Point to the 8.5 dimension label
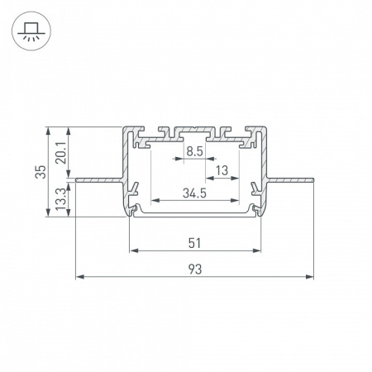[x=194, y=150]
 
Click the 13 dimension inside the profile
[x=222, y=171]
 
